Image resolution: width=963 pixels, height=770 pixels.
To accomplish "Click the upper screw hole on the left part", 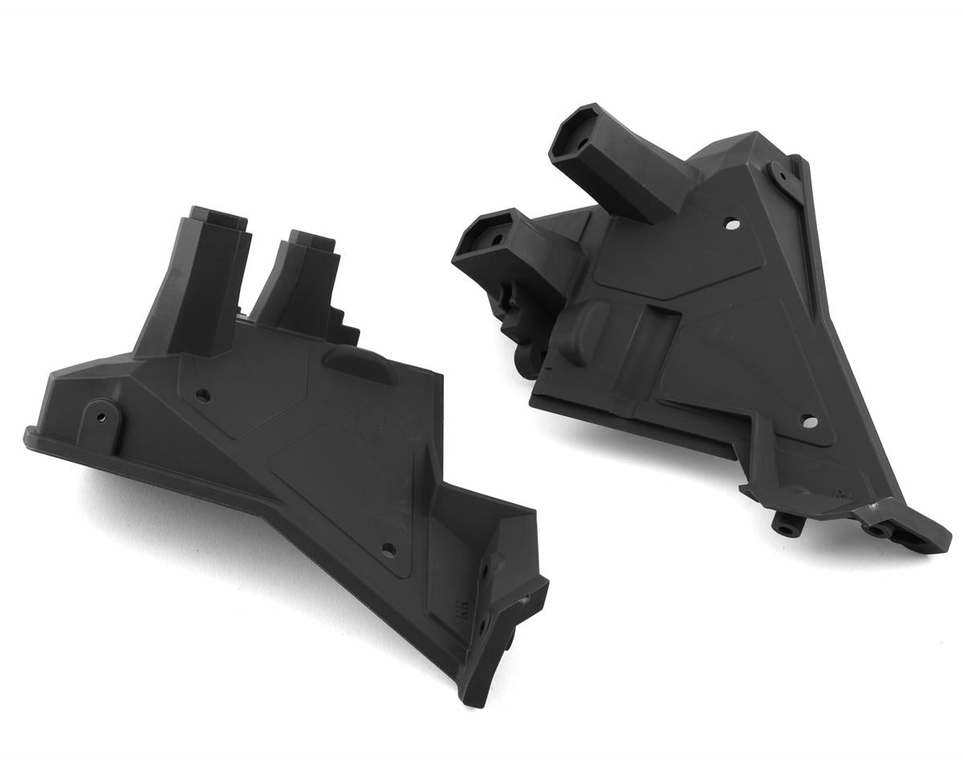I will tap(202, 395).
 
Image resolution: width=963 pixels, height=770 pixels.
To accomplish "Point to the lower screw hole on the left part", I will tap(389, 549).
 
